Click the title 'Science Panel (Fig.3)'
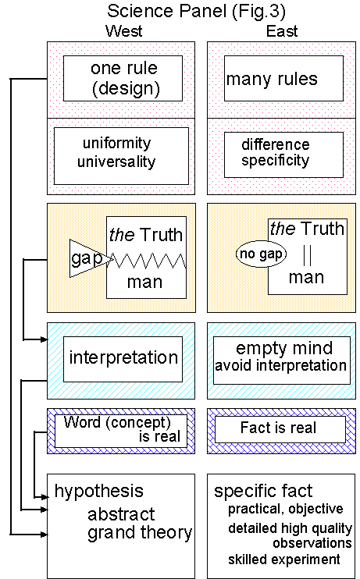(180, 12)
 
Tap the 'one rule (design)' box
(123, 78)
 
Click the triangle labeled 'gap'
(84, 258)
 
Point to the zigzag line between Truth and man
(148, 258)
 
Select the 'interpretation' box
(123, 358)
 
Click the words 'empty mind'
(283, 349)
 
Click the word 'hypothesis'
(98, 491)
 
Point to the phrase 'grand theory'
(139, 534)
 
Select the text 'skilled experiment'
(284, 559)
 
